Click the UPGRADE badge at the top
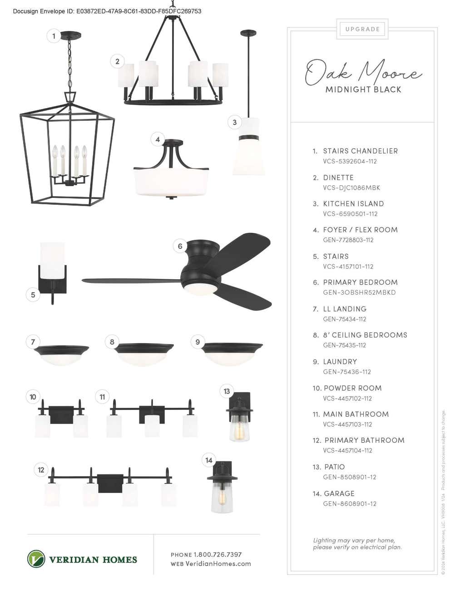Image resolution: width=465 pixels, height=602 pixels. [x=362, y=29]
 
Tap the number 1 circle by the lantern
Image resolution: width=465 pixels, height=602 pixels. [x=54, y=36]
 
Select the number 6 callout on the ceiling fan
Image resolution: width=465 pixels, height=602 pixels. [x=180, y=246]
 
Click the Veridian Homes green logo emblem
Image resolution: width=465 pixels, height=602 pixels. [x=36, y=559]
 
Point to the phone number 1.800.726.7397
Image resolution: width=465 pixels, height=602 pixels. [x=218, y=554]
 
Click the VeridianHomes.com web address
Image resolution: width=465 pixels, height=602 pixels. [x=218, y=564]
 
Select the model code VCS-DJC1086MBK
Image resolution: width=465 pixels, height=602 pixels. [x=351, y=188]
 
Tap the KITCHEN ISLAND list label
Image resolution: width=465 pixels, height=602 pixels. [x=353, y=204]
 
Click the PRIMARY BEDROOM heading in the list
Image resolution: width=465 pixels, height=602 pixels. [x=360, y=282]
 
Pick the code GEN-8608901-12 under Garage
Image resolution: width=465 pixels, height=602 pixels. [x=350, y=503]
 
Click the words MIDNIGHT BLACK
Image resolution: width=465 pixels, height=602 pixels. [x=363, y=89]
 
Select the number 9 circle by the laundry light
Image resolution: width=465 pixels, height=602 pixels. [x=198, y=342]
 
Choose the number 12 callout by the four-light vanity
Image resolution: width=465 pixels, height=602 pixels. [x=41, y=470]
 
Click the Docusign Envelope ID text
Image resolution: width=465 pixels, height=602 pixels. [x=107, y=11]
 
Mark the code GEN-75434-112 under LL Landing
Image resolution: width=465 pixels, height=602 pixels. [x=345, y=319]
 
